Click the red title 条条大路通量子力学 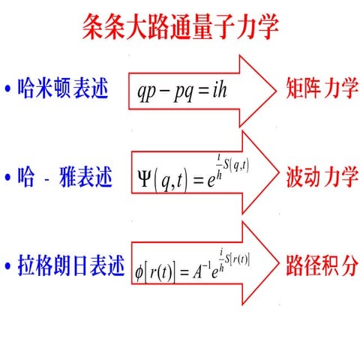180,28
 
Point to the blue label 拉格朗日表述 72,266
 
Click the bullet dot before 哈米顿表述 7,91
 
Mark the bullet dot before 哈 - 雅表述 7,179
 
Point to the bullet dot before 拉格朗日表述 7,267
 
